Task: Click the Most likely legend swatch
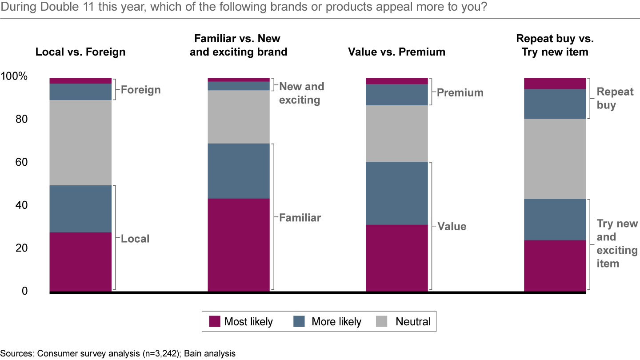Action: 215,321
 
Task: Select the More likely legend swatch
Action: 300,321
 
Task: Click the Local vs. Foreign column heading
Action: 80,52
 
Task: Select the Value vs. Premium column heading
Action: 396,52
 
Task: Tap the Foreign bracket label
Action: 140,90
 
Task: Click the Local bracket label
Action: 135,239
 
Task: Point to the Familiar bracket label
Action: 300,218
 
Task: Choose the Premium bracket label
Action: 460,92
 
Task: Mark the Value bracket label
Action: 452,227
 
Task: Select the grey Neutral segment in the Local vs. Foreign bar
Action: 80,142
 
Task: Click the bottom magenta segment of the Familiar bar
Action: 239,244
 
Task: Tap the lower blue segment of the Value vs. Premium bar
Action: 396,193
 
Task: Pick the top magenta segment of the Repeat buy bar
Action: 555,84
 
